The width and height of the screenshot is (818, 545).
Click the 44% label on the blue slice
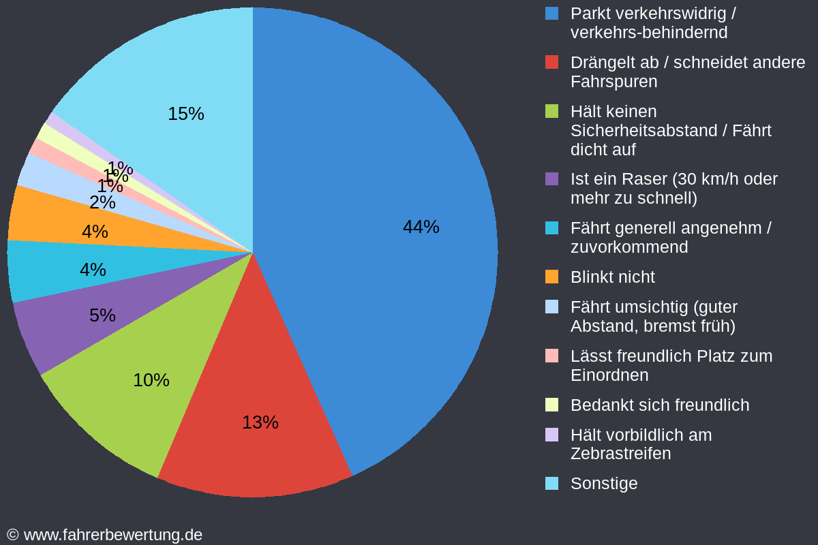[421, 227]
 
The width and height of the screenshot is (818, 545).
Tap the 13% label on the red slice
[260, 422]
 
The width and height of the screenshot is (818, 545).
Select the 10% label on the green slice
[151, 380]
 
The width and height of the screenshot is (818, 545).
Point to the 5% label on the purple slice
[102, 315]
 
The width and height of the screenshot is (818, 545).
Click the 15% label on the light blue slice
[185, 114]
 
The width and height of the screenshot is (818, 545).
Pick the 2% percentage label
[102, 202]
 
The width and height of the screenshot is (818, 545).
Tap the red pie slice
[259, 450]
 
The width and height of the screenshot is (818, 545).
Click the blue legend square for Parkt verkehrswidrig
[551, 13]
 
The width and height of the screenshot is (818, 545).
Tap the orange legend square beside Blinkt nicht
[551, 277]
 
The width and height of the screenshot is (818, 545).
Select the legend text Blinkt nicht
[612, 277]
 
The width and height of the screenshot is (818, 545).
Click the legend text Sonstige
[604, 484]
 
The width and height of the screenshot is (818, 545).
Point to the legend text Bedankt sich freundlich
[659, 405]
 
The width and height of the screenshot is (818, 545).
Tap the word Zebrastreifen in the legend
[620, 454]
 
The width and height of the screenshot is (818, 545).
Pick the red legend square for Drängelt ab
[551, 62]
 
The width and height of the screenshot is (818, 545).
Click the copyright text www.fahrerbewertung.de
[112, 535]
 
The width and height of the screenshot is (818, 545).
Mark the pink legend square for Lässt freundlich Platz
[551, 356]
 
